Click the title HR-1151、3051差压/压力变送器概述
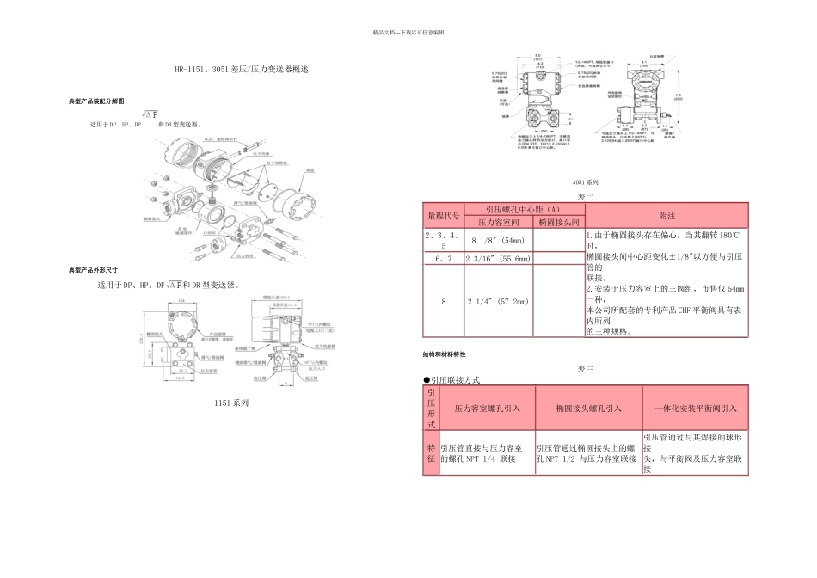coord(239,68)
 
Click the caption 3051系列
coord(585,183)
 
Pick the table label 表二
coord(585,197)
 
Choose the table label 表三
coord(585,369)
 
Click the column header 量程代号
coord(443,215)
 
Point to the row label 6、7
coord(443,258)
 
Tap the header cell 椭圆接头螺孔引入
coord(588,409)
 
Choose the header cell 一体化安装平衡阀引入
coord(695,409)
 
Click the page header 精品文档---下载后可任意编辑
coord(408,32)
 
